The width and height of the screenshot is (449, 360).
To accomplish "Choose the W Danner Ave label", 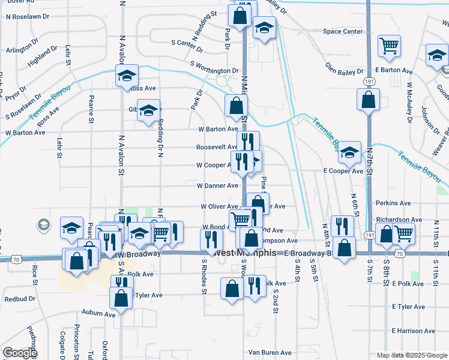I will click(217, 185).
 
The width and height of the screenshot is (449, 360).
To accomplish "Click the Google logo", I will click(20, 353).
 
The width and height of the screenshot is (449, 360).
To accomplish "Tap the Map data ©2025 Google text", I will click(411, 355).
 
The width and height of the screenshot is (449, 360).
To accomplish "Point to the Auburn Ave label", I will click(98, 314).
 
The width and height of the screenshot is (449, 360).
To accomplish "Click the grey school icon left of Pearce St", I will click(43, 225).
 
